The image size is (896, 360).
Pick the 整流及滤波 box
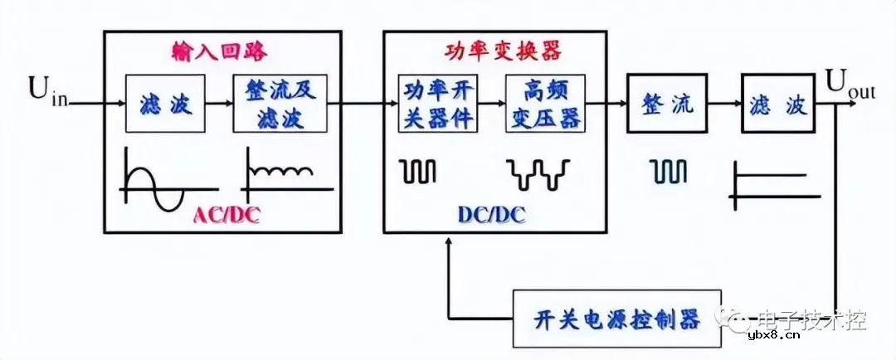coord(281,103)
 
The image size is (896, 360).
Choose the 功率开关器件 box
coord(439,103)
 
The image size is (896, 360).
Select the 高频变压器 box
coord(544,103)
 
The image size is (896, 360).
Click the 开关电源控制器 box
coord(617,319)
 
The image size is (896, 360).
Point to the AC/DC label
coord(229,215)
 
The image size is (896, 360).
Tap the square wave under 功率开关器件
coord(418,172)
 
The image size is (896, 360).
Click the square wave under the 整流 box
coord(668,172)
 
